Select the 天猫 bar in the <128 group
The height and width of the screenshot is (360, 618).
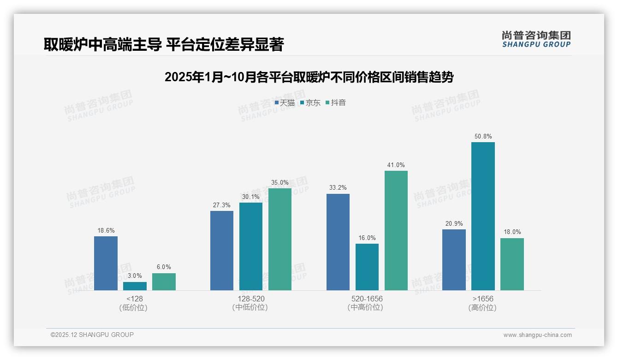(x=106, y=263)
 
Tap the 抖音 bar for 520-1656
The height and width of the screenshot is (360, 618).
(x=396, y=230)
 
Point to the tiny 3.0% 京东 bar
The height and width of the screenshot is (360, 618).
(x=135, y=286)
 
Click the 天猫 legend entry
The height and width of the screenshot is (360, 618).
(x=285, y=103)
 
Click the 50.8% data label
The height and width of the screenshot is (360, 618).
(x=483, y=137)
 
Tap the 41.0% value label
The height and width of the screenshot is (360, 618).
(x=396, y=165)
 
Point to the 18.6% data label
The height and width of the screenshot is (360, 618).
(x=106, y=231)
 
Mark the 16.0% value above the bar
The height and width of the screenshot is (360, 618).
(x=367, y=238)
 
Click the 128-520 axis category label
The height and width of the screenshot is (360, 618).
(x=251, y=299)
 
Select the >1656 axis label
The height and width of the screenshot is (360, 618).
(x=483, y=299)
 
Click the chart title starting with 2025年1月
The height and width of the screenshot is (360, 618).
(x=309, y=77)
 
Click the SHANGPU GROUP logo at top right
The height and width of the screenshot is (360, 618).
(x=536, y=39)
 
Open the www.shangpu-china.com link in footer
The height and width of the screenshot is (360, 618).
(x=537, y=335)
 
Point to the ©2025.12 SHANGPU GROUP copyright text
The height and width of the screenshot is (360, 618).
(x=92, y=335)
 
